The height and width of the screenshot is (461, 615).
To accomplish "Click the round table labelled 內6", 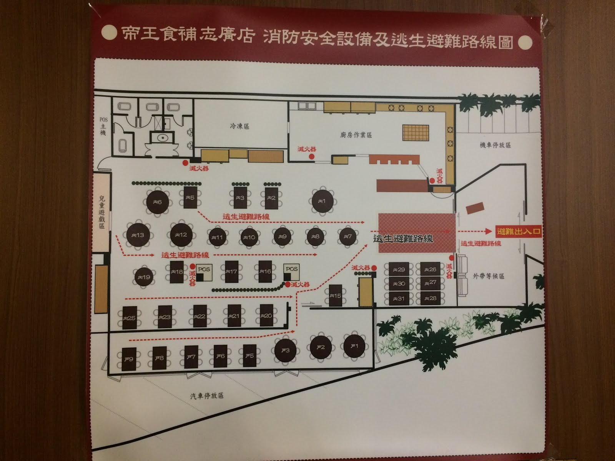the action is pyautogui.click(x=158, y=202).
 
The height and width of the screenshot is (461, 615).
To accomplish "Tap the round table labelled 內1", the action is pyautogui.click(x=322, y=201).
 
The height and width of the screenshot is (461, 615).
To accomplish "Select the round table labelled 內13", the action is pyautogui.click(x=138, y=235).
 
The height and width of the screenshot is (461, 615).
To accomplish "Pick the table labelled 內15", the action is pyautogui.click(x=336, y=295).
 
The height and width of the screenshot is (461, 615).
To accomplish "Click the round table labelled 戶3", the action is pyautogui.click(x=285, y=350).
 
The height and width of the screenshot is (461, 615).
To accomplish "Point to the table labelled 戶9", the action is pyautogui.click(x=129, y=359).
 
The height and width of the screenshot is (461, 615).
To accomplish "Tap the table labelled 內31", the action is pyautogui.click(x=399, y=298).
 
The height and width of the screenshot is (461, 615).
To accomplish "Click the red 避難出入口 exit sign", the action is pyautogui.click(x=519, y=231).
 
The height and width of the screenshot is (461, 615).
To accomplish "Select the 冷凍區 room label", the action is pyautogui.click(x=240, y=126).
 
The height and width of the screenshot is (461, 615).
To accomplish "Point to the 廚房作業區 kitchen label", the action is pyautogui.click(x=356, y=135).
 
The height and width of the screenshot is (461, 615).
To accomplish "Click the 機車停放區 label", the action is pyautogui.click(x=495, y=145).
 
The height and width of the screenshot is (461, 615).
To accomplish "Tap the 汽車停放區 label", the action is pyautogui.click(x=207, y=396).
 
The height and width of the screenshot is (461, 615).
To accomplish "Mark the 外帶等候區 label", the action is pyautogui.click(x=489, y=276).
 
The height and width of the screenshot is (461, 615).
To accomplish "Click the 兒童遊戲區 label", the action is pyautogui.click(x=102, y=213).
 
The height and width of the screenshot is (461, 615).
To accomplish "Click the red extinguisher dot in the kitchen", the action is pyautogui.click(x=312, y=156).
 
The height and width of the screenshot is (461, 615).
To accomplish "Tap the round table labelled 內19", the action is pyautogui.click(x=144, y=277).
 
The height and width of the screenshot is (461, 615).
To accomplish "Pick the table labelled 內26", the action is pyautogui.click(x=430, y=269).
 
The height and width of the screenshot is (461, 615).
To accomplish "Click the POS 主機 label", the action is pyautogui.click(x=103, y=126).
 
